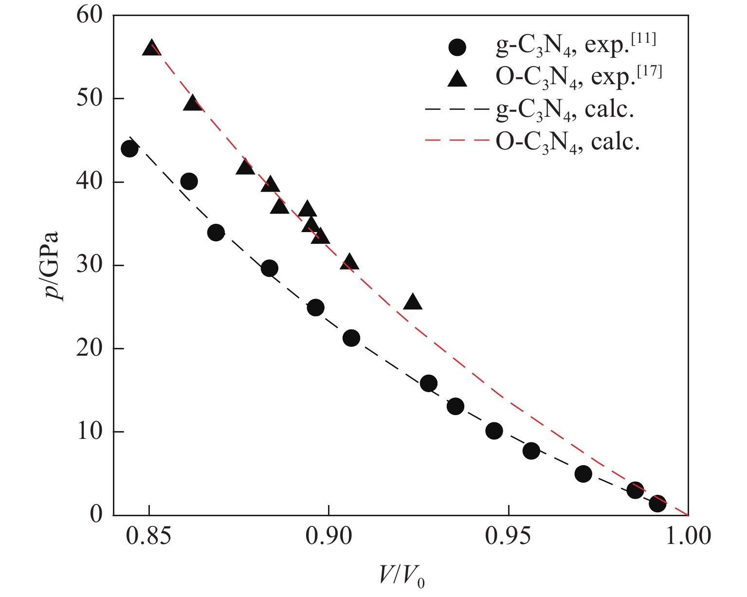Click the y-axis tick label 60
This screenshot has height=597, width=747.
(89, 15)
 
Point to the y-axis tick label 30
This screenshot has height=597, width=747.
(89, 266)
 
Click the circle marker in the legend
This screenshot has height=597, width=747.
(457, 47)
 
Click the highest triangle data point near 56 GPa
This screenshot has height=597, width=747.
(151, 48)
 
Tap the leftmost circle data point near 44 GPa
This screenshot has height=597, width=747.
(129, 148)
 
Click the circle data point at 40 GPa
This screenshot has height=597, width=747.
(189, 181)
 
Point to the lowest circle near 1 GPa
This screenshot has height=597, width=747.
(657, 504)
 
